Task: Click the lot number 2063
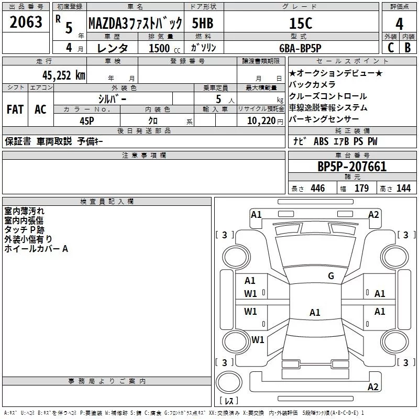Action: click(26, 23)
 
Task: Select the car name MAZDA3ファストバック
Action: click(135, 24)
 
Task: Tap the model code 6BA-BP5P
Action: click(300, 48)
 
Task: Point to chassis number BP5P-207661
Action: click(352, 167)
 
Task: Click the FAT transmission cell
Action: click(15, 109)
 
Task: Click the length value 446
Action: click(317, 189)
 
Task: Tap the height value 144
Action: click(403, 189)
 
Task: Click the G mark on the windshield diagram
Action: click(330, 276)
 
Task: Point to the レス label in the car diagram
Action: click(228, 401)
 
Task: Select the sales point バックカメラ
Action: click(312, 84)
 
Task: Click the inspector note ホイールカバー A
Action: click(36, 249)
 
